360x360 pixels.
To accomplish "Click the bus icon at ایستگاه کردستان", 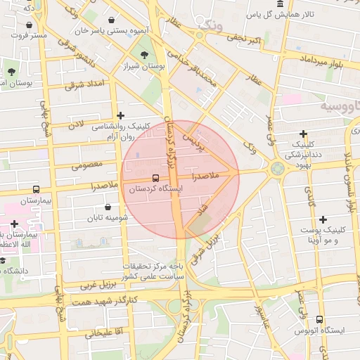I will pos(155,178).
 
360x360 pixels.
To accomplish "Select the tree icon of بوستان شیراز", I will pos(144,53).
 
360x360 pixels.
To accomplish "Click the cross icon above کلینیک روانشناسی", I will pos(121,115).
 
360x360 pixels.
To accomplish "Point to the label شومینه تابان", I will pos(108,218).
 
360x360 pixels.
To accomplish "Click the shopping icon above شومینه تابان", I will pos(108,207).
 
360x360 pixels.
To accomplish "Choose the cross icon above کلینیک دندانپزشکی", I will pos(304,134).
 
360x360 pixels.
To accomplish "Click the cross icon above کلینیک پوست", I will pos(323,220).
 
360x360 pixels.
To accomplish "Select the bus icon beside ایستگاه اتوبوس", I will pos(320,320).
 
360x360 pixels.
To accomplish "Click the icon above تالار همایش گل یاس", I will pos(281,4).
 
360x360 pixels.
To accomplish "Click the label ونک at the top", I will pos(211,25).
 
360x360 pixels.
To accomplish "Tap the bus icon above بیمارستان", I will pos(36,190).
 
